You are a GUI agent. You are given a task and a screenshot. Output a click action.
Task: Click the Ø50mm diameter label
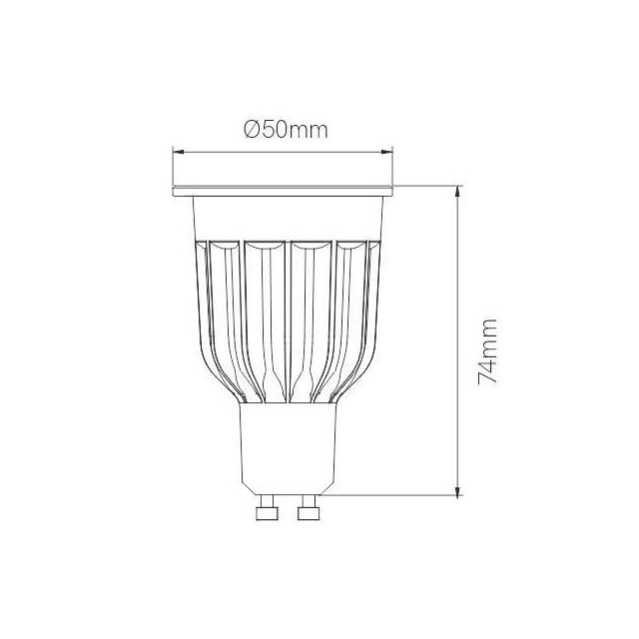[x=286, y=130]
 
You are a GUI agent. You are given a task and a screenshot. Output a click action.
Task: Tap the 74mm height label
[x=487, y=351]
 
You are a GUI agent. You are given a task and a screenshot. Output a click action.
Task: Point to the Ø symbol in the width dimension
[x=253, y=130]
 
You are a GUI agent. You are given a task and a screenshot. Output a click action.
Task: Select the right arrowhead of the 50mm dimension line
[x=387, y=152]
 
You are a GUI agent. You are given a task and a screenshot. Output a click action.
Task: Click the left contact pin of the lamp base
[x=267, y=511]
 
